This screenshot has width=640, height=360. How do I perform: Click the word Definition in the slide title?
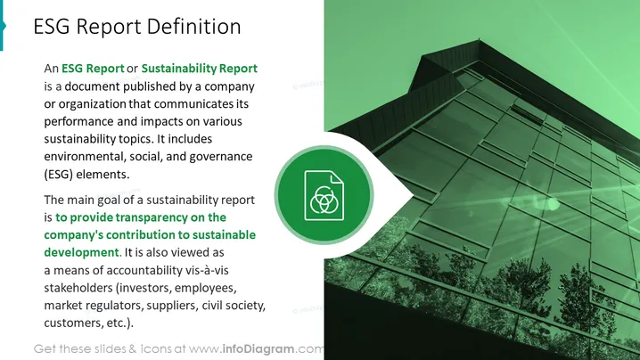[x=194, y=26]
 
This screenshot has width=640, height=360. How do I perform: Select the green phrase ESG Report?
[x=93, y=68]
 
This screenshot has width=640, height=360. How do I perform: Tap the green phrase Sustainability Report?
[x=199, y=69]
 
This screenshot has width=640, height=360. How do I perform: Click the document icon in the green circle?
[x=324, y=195]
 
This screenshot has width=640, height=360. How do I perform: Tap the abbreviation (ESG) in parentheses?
[x=58, y=175]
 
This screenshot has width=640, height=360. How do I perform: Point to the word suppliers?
[x=173, y=306]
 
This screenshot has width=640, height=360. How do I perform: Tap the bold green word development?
[x=83, y=253]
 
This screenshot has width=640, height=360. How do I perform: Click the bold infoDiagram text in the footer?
[x=258, y=349]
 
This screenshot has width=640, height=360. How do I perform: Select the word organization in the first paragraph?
[x=92, y=104]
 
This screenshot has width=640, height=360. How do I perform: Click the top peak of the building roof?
[x=480, y=39]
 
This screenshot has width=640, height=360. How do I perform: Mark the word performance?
[x=78, y=121]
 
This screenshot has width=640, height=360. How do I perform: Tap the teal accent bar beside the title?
[x=2, y=25]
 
